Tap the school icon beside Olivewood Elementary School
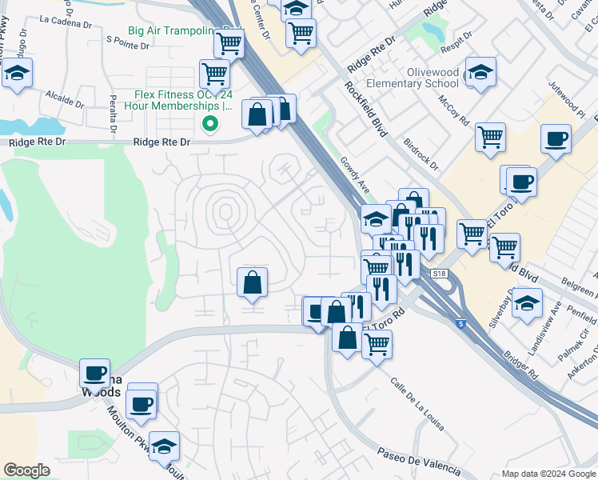[x=481, y=73]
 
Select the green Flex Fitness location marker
[x=210, y=123]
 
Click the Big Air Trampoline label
[x=170, y=31]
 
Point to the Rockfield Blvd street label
[x=366, y=109]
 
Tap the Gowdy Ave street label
[x=357, y=174]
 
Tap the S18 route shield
[x=439, y=274]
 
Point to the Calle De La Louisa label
[x=417, y=403]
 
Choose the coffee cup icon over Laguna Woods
[x=96, y=373]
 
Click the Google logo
[x=26, y=470]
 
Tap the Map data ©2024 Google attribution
[x=548, y=474]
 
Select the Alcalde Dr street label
[x=65, y=99]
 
